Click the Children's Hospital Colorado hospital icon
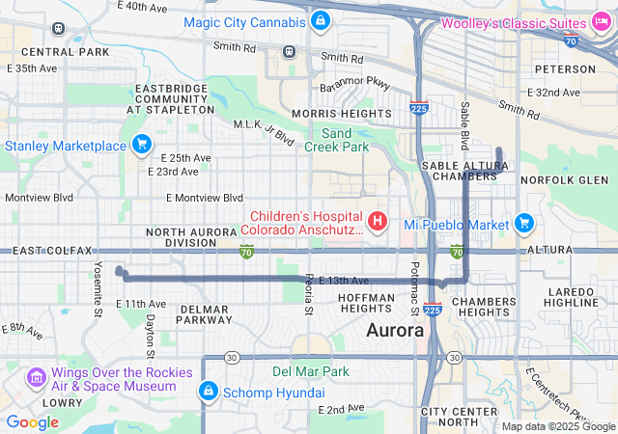[x=378, y=222]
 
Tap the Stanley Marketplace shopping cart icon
[x=142, y=145]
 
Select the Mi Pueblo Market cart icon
[x=524, y=223]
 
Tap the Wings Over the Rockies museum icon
[x=36, y=375]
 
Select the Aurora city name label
[x=395, y=330]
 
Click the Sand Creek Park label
[x=337, y=140]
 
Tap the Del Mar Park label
[x=311, y=370]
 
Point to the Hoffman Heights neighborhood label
[x=366, y=303]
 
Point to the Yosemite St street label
[x=98, y=288]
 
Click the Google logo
[x=32, y=421]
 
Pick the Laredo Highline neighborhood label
[x=572, y=297]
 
